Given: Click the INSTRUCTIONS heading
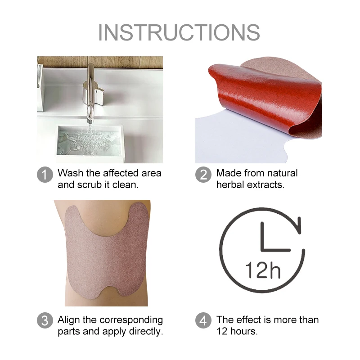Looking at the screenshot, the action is tap(179, 32).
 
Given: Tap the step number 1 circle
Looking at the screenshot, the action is tap(45, 174).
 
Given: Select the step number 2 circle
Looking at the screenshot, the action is tap(203, 174).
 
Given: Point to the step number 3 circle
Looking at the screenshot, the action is tap(45, 320).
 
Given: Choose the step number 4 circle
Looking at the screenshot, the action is tap(203, 320).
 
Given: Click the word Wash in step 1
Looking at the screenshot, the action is tap(71, 173).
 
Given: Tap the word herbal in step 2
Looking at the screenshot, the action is tap(230, 184).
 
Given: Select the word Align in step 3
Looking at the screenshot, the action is tap(69, 320).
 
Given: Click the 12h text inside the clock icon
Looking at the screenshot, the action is tap(263, 270).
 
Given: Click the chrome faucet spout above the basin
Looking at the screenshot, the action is tap(91, 94).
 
